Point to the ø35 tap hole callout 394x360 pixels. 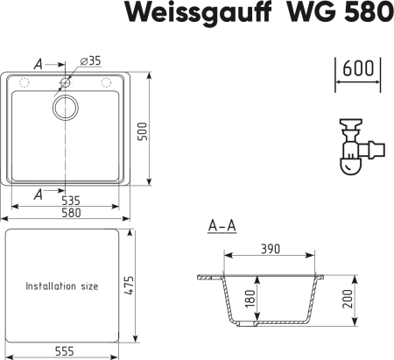(89, 60)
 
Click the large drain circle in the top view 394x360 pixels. (66, 108)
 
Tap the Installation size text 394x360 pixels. (62, 286)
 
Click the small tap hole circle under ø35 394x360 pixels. (66, 83)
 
